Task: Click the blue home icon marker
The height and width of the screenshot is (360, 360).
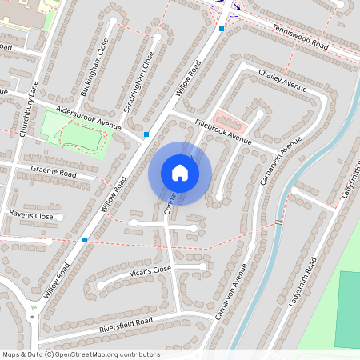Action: (x=180, y=173)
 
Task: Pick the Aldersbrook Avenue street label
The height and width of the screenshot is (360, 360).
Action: (x=88, y=118)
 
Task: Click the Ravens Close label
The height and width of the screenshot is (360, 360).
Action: (x=31, y=216)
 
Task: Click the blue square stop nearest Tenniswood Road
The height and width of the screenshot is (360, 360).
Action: (x=222, y=29)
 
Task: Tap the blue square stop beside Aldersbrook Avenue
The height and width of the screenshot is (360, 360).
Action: (x=146, y=134)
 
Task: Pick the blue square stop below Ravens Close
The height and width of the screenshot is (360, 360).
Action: (x=85, y=239)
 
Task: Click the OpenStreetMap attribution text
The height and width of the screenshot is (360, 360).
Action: (x=81, y=354)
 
